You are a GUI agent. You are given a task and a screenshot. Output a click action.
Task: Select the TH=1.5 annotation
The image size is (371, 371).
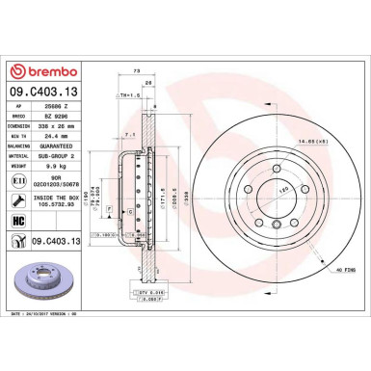click(126, 96)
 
